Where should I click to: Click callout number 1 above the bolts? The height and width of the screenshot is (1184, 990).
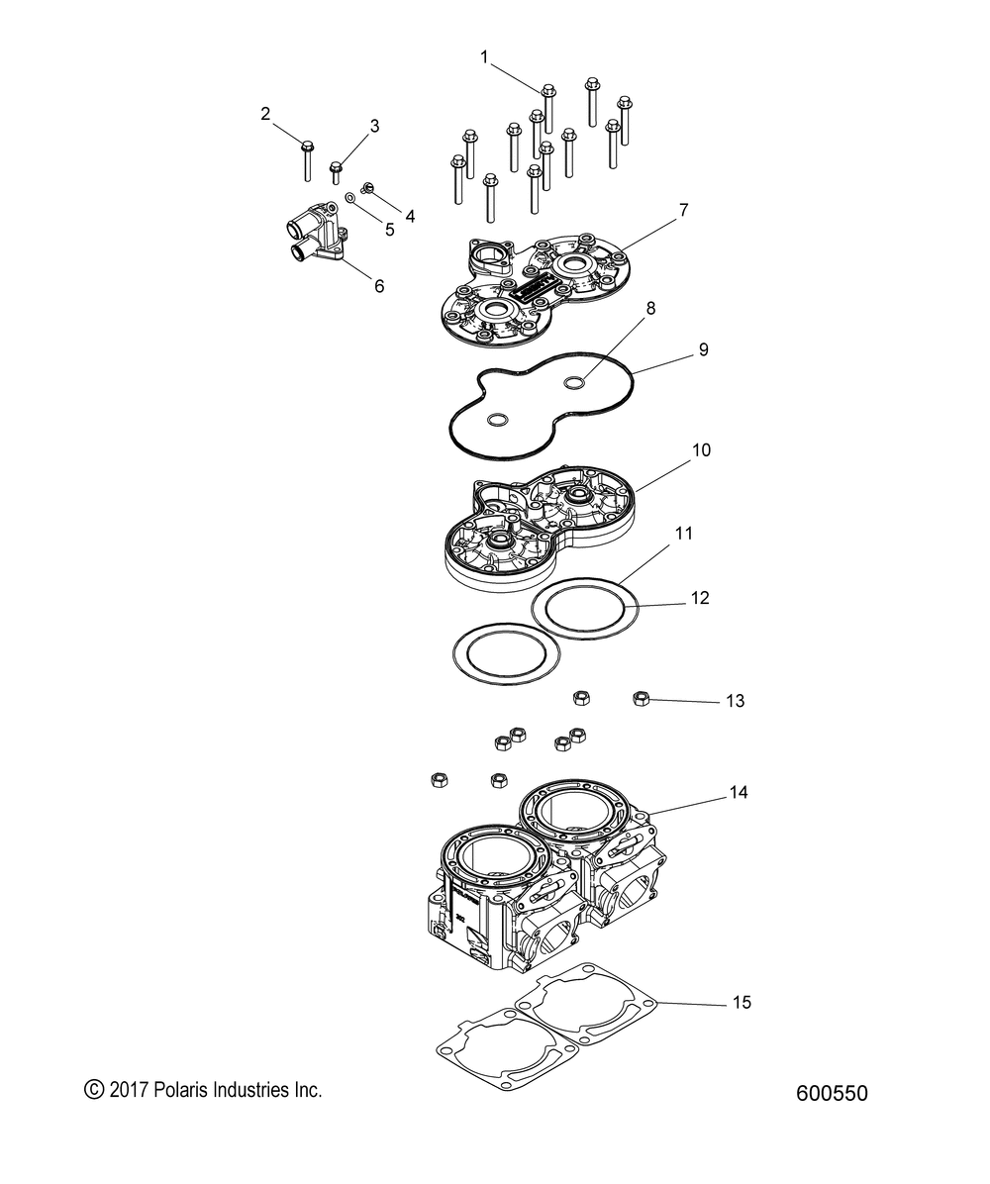(484, 57)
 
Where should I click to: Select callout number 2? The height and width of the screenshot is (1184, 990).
(265, 114)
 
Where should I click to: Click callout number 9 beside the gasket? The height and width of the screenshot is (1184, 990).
(703, 350)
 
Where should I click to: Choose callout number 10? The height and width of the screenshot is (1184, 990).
(701, 450)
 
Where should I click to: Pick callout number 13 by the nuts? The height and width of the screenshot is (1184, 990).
(735, 701)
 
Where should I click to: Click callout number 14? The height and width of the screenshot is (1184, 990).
(738, 793)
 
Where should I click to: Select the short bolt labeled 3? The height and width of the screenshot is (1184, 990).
(337, 172)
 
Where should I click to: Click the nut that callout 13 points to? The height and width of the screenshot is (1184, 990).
(641, 699)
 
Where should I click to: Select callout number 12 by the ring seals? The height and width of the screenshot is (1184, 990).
(700, 599)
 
